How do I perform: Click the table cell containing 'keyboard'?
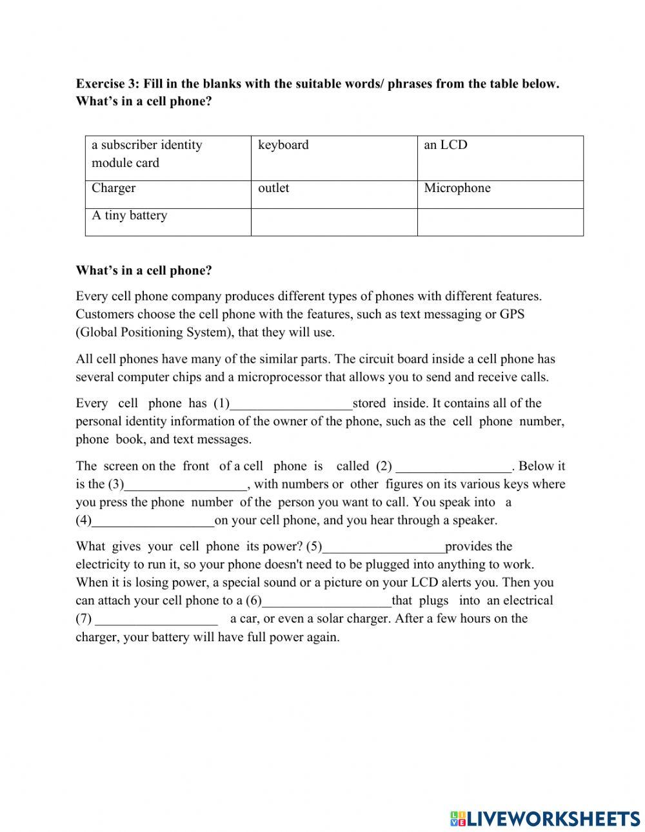[334, 158]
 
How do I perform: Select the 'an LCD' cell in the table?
[500, 158]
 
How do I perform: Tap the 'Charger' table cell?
[168, 194]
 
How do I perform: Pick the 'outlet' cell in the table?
[334, 194]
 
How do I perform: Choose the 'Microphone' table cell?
[500, 194]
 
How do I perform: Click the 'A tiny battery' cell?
[168, 222]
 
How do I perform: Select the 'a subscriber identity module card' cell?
[168, 158]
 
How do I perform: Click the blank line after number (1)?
[291, 405]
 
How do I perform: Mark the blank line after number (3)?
[186, 485]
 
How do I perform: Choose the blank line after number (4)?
[153, 521]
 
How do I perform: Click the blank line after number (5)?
[383, 548]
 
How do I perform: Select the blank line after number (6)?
[327, 602]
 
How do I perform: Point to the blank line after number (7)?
[156, 620]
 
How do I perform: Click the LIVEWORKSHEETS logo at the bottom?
[545, 818]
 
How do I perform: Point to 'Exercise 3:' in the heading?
[107, 84]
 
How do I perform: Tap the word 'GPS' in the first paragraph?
[512, 314]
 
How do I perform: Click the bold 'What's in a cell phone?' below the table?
[144, 271]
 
